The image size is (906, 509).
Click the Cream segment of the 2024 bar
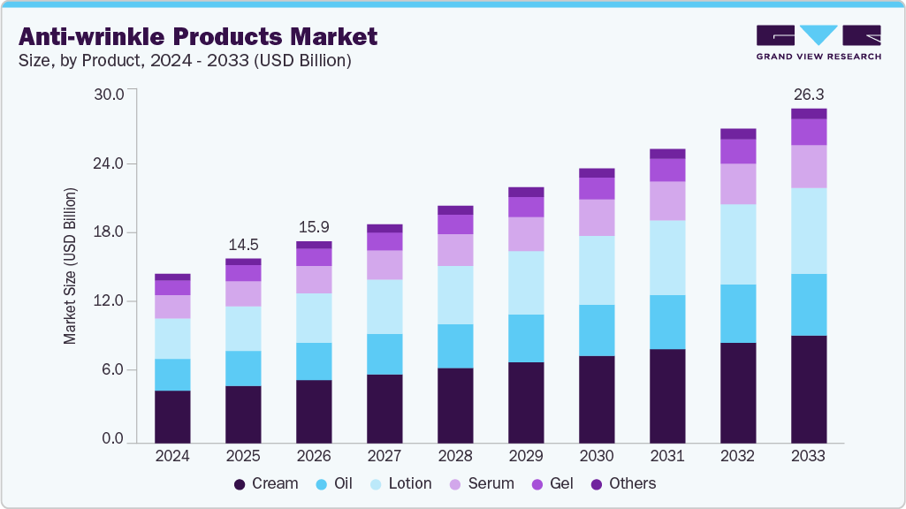172,415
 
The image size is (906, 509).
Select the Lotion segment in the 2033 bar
809,231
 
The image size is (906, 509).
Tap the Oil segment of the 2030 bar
597,330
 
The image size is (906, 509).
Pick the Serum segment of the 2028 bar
455,250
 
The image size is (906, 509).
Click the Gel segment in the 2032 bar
738,151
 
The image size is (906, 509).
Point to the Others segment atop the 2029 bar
526,192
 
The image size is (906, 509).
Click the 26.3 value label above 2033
809,94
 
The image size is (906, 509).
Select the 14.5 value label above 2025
243,244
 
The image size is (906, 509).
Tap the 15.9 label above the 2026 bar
314,227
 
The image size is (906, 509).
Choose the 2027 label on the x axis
384,457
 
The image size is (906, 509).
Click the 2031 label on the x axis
667,457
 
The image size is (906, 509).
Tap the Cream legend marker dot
240,484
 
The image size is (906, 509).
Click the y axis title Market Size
70,265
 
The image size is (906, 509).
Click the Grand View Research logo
818,42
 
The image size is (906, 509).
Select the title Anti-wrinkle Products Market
198,36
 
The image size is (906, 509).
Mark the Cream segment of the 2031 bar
667,395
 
